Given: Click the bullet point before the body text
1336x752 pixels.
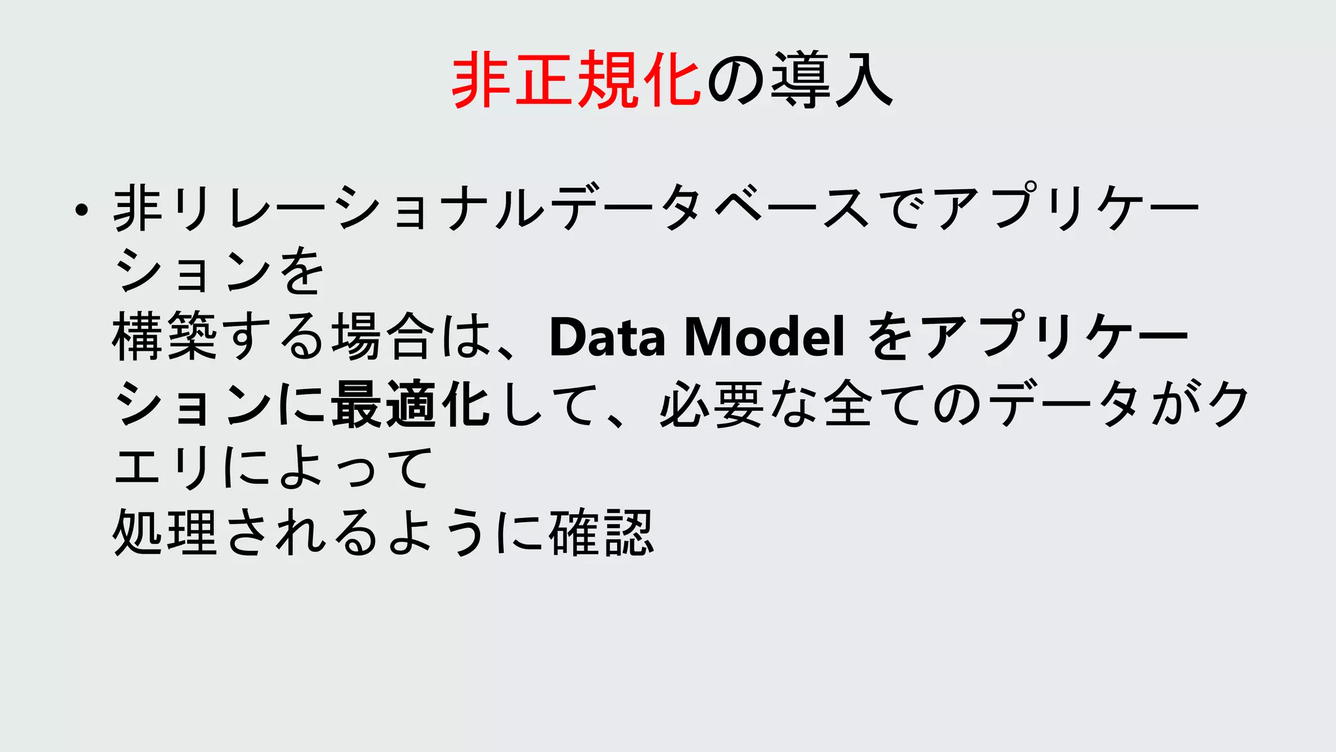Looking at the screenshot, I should coord(81,210).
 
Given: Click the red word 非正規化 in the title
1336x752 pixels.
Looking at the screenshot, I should coord(576,81).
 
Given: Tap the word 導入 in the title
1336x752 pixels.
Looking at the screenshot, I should coord(831,81).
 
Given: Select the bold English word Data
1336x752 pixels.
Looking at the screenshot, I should coord(607,337).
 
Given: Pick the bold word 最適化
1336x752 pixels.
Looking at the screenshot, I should coord(410,404).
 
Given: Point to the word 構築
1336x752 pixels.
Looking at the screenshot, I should coord(164,337).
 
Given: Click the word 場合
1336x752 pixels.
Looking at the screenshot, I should coord(383,337).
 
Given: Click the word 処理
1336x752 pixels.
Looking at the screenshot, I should coord(164,533).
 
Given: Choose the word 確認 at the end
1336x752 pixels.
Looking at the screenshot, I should coord(601,533).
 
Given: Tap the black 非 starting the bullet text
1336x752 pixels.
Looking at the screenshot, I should coord(138,208).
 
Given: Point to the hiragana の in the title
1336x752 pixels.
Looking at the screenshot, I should coord(736,81).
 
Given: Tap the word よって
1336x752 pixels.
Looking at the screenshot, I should coord(355,468).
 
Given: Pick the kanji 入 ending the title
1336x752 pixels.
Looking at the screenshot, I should coord(863,81).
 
